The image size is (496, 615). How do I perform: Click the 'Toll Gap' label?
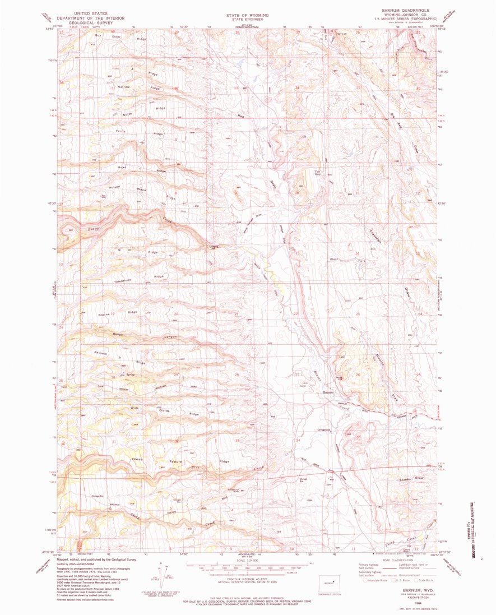[317, 173]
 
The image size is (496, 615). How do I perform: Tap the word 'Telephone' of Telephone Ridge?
[123, 280]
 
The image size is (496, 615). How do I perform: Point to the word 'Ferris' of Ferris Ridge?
[120, 131]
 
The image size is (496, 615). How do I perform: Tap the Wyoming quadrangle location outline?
[327, 582]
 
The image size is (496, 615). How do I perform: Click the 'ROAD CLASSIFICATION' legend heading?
[395, 559]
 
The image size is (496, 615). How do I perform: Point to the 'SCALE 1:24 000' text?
[247, 559]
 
